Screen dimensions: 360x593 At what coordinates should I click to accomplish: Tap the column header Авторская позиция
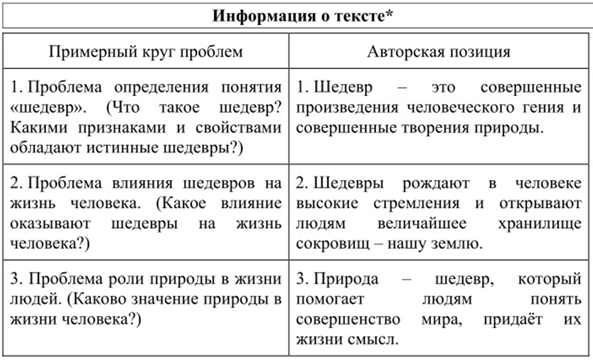(x=438, y=52)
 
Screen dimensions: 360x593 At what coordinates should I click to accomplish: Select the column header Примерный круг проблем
(x=146, y=52)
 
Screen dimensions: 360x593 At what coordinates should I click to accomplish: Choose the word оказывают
(x=50, y=223)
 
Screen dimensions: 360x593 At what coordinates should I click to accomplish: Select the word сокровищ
(x=330, y=243)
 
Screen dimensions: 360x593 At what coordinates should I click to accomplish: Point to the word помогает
(x=331, y=299)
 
